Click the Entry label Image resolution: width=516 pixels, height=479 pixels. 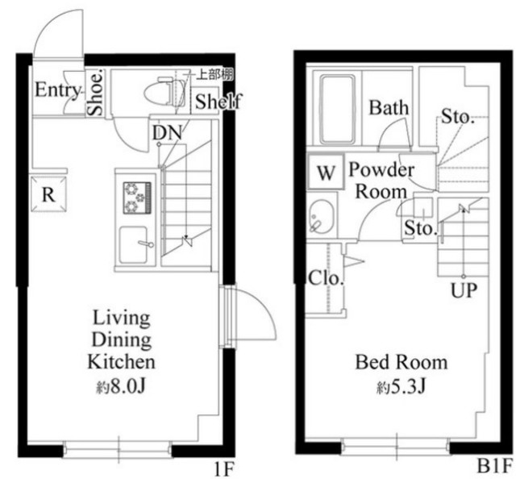(58, 90)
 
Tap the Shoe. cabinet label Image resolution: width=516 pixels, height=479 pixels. (96, 94)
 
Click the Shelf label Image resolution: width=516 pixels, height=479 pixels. (218, 102)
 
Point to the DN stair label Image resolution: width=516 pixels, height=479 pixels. (167, 133)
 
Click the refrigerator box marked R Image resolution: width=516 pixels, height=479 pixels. (48, 194)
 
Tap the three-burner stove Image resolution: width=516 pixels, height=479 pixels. (137, 198)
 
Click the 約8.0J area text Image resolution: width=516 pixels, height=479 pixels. (121, 387)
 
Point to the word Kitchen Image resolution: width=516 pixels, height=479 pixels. (121, 361)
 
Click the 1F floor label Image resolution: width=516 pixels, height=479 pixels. (224, 469)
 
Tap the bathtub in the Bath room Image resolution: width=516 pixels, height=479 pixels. (338, 110)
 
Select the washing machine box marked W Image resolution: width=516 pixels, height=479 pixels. (325, 173)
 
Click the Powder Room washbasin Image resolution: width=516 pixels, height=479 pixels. (322, 217)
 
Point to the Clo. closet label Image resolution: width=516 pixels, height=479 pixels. (326, 278)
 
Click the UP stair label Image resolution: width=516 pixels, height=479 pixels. (464, 290)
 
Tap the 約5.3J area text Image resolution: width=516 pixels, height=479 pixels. (402, 387)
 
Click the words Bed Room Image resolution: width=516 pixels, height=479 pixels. (402, 362)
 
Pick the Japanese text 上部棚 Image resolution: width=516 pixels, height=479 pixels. (214, 75)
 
